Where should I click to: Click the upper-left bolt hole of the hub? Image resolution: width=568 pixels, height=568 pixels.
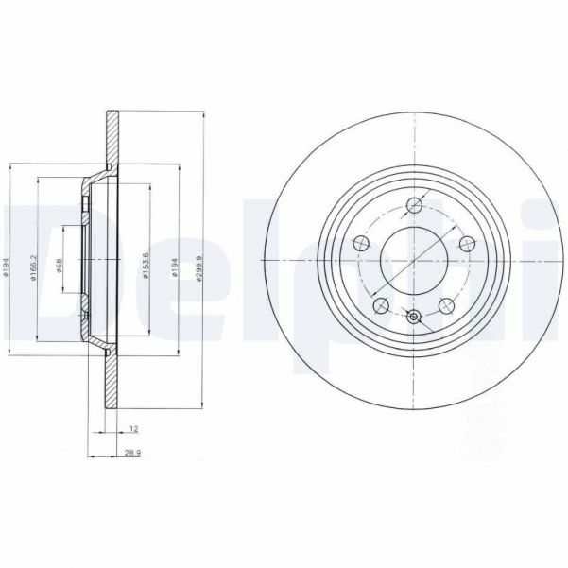point(359,246)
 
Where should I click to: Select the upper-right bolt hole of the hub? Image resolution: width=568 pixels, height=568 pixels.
point(467,246)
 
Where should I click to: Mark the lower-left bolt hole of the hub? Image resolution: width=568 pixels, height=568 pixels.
point(380,305)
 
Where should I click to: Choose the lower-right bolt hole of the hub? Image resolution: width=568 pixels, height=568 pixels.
point(447,305)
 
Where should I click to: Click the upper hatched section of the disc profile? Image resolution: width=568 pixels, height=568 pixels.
point(110,137)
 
